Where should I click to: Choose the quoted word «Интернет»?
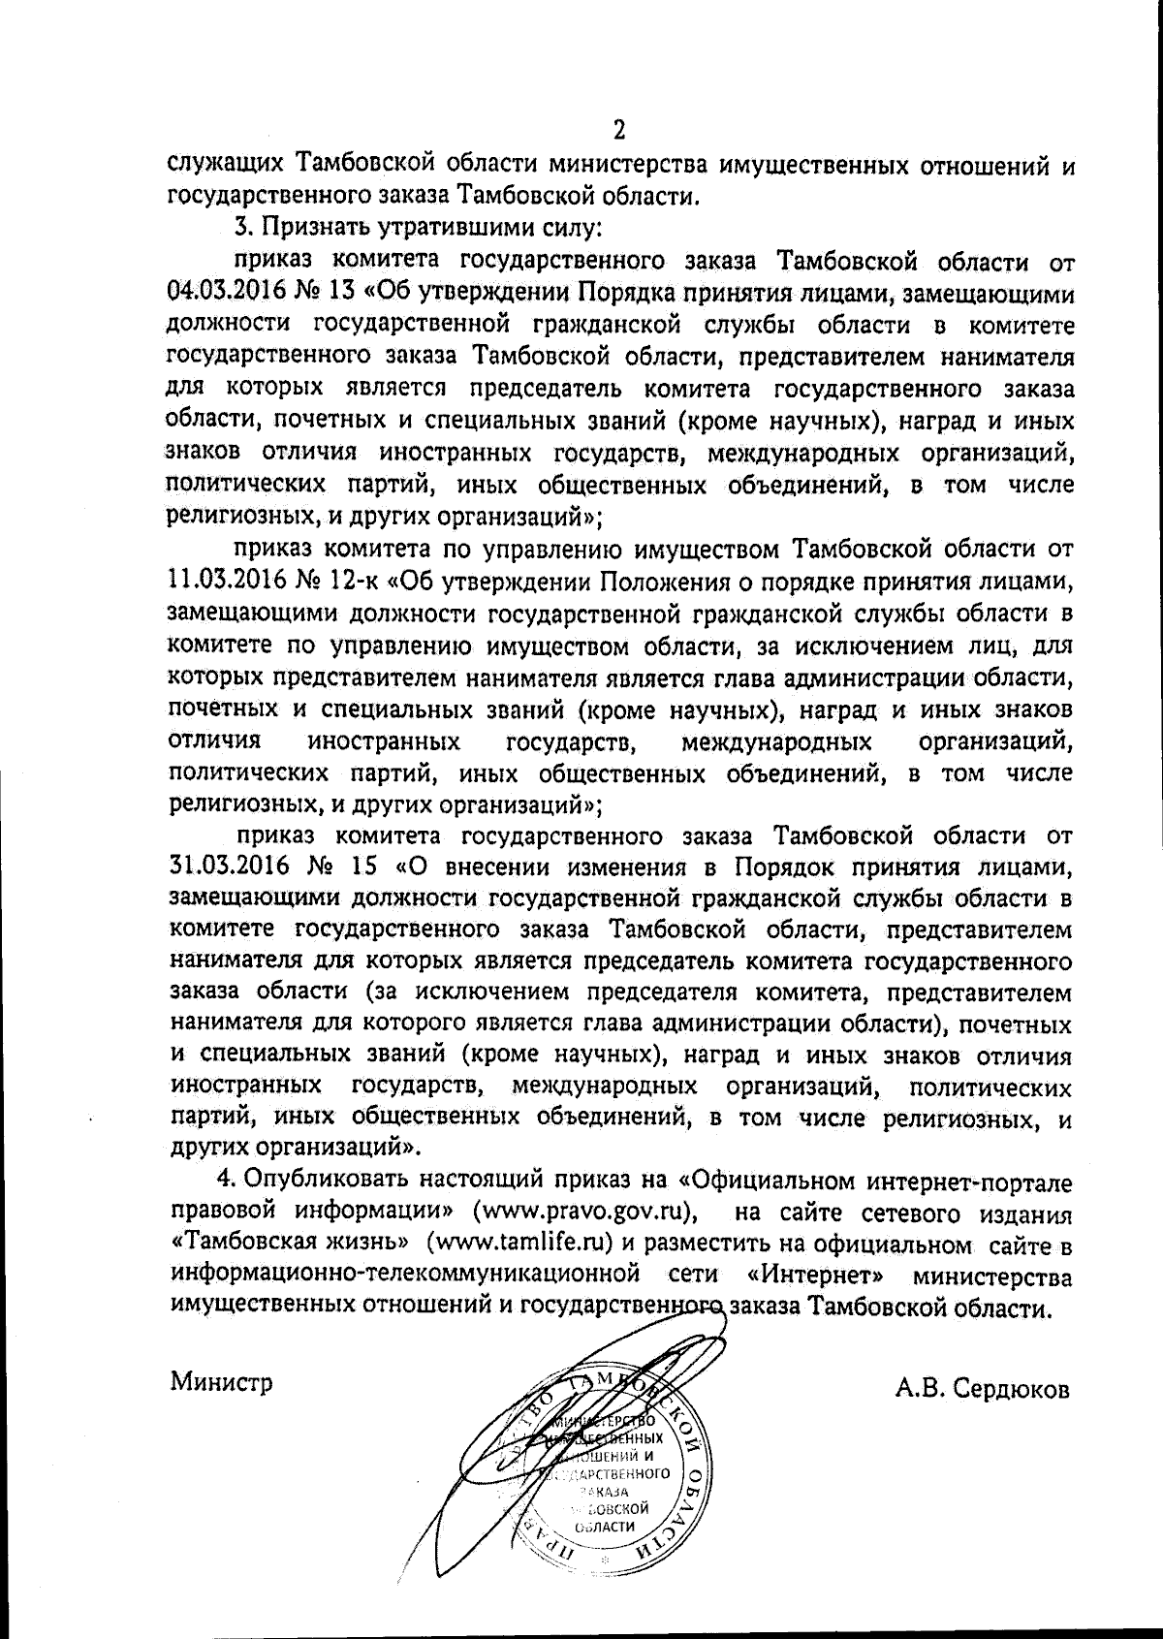812,1277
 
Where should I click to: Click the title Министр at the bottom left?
222,1381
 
